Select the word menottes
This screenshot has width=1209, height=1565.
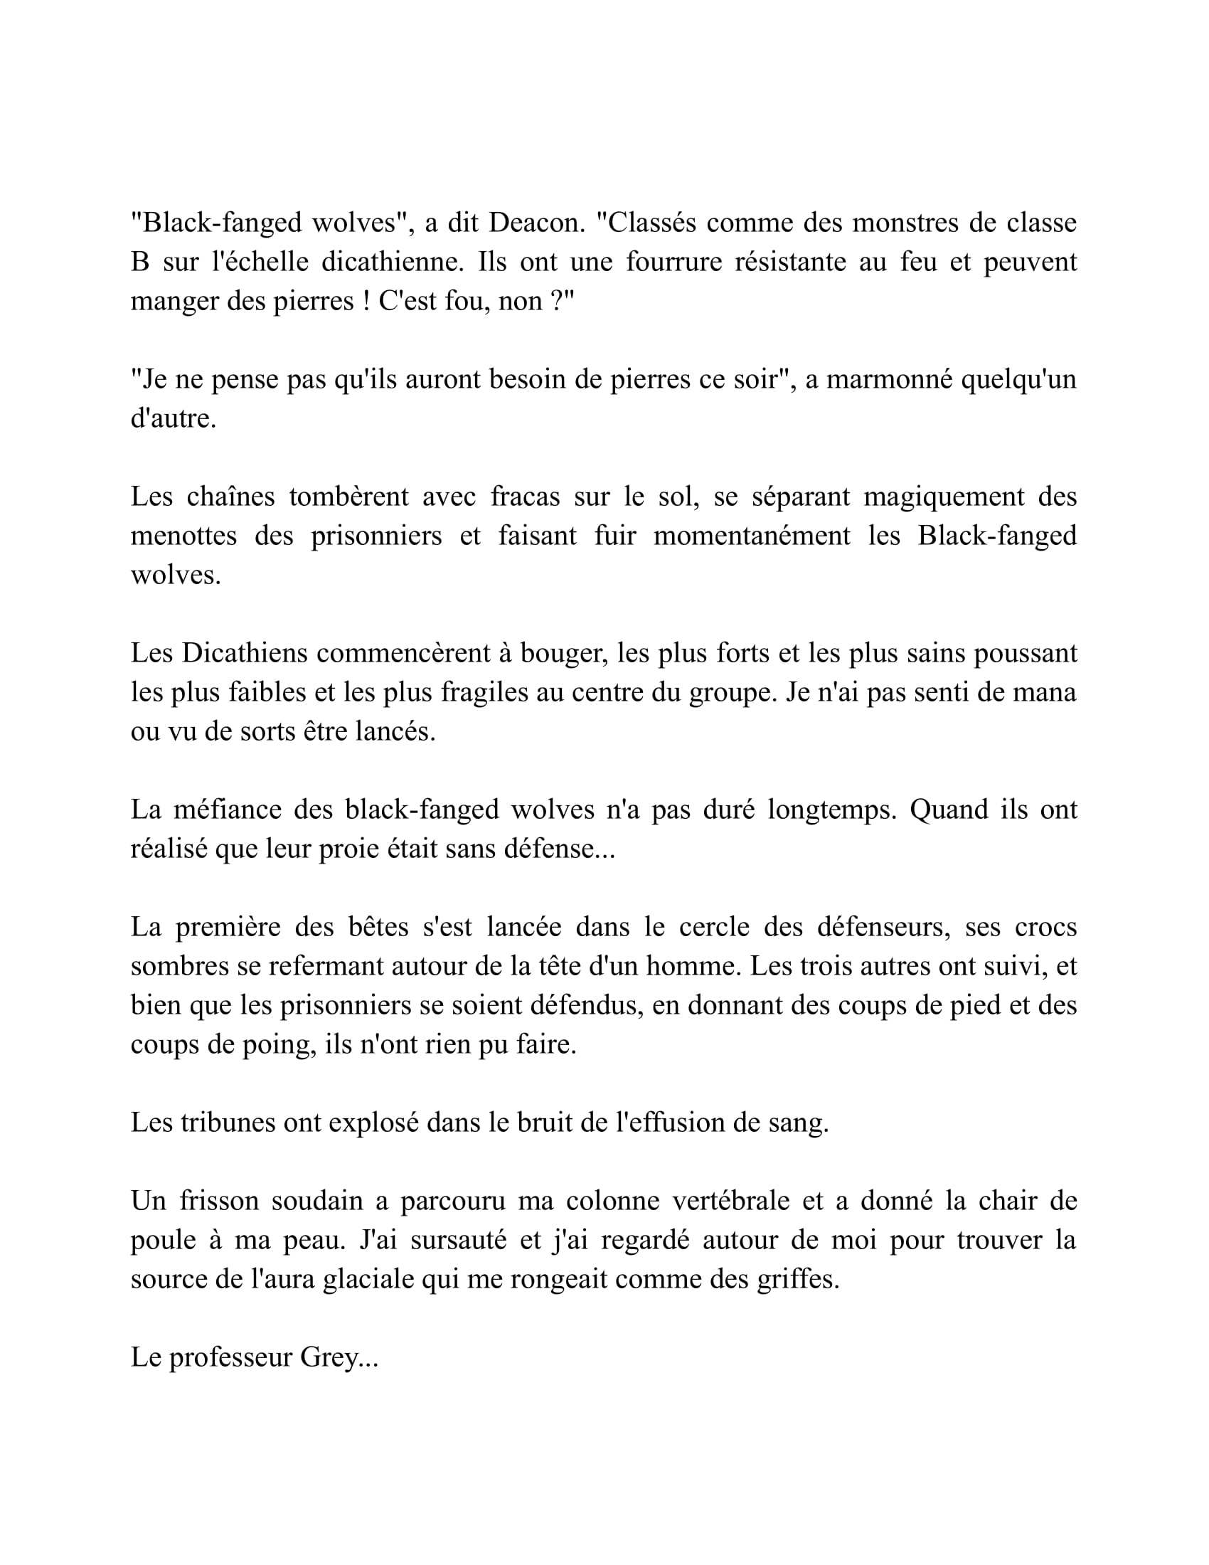(183, 536)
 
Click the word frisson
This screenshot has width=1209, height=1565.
(219, 1201)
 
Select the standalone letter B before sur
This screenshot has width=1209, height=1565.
(139, 262)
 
